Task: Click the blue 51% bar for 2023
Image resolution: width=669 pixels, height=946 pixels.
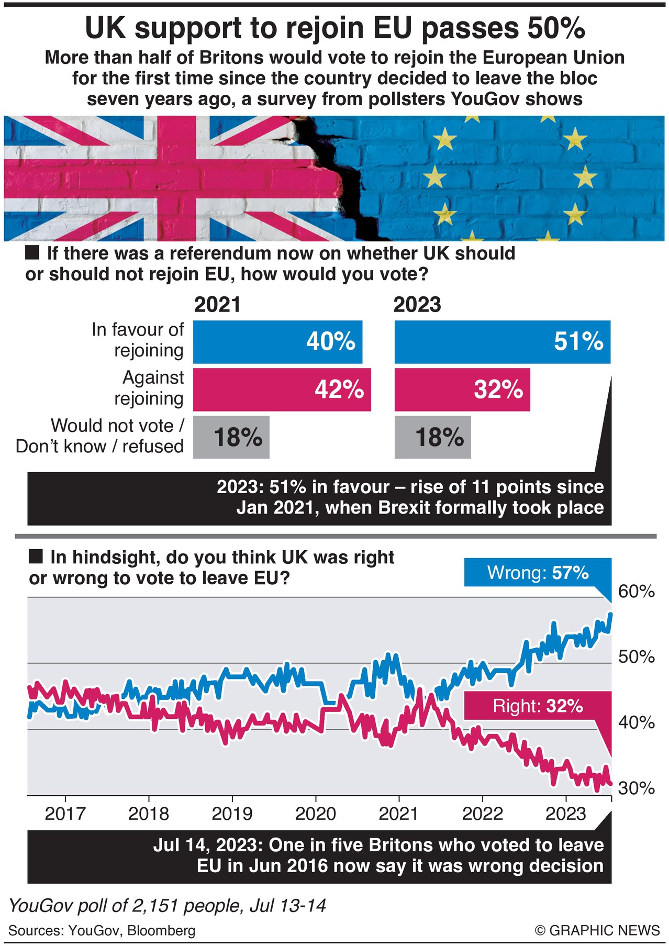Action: (x=502, y=342)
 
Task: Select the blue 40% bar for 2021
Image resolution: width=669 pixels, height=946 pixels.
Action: (x=277, y=342)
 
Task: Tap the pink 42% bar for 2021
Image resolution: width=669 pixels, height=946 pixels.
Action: (x=282, y=390)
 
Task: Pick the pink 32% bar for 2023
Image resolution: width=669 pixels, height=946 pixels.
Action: (x=462, y=390)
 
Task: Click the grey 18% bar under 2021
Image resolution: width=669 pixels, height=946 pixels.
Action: (x=231, y=438)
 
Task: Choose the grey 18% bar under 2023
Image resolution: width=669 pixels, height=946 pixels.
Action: (x=432, y=438)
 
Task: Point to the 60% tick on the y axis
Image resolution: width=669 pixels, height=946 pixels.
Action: (x=636, y=592)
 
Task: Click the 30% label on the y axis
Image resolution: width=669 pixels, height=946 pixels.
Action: (x=636, y=788)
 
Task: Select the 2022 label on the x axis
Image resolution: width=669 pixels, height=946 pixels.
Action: (x=482, y=814)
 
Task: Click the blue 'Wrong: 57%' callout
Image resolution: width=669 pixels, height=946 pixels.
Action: (x=538, y=573)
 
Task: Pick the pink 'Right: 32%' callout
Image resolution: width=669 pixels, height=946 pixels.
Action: (x=538, y=706)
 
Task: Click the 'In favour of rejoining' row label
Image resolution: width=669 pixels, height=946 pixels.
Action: (x=138, y=340)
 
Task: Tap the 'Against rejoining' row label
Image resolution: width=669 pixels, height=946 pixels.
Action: (x=149, y=388)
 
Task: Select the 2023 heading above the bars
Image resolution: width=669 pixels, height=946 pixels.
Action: (x=417, y=305)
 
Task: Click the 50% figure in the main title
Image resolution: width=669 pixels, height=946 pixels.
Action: (x=555, y=28)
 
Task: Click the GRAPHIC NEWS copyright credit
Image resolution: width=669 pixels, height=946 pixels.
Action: (x=597, y=930)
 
